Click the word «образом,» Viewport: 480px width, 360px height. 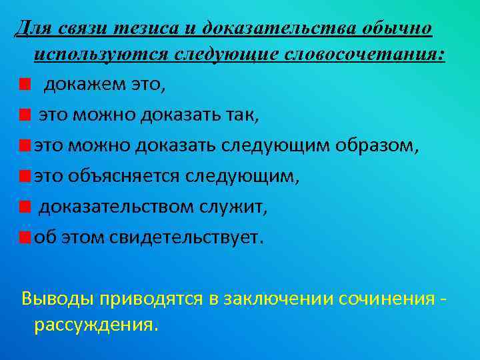pos(379,146)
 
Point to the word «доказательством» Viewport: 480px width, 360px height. pos(117,207)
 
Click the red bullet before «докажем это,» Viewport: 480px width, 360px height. pos(25,85)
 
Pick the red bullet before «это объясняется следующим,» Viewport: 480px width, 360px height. pos(25,177)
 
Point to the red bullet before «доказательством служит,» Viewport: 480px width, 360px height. pos(25,207)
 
